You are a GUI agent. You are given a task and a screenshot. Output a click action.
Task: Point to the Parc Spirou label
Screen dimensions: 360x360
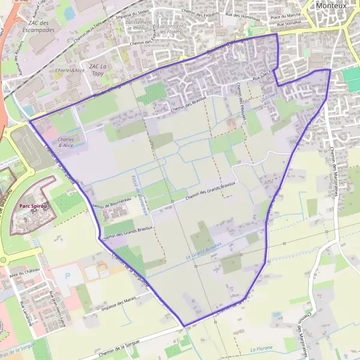33,206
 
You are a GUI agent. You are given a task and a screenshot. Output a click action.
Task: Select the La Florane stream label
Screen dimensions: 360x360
262,348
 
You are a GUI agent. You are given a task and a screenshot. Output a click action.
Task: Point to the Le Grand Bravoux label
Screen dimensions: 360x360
208,250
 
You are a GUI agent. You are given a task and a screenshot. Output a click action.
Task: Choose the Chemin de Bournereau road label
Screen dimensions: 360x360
112,200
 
